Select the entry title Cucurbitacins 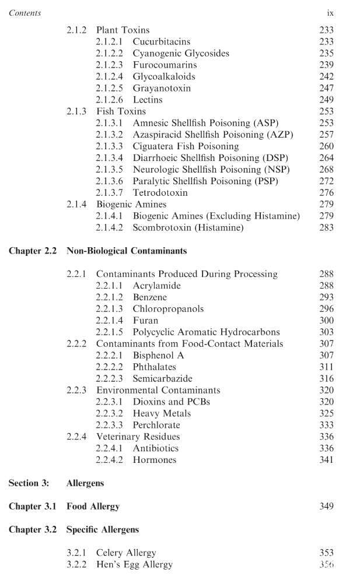pos(161,42)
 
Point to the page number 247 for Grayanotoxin pos(327,88)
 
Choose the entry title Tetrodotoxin pos(160,192)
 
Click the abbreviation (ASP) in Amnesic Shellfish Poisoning pos(265,123)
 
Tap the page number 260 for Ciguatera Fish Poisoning pos(327,146)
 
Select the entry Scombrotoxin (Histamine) pos(188,227)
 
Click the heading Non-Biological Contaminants pos(127,251)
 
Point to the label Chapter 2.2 pos(33,251)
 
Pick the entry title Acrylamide pos(156,286)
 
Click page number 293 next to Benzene pos(327,297)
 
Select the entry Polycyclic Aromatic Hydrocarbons pos(206,332)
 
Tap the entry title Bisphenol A pos(158,355)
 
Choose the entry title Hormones pos(154,460)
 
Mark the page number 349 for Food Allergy pos(327,507)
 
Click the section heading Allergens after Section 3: pos(86,483)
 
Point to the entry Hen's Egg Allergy pos(134,564)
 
